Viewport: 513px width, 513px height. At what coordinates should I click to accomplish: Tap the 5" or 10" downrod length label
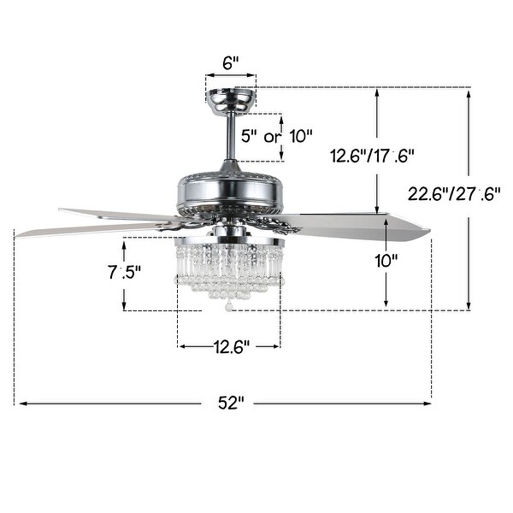point(277,136)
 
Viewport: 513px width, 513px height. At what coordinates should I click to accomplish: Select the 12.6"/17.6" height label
point(373,156)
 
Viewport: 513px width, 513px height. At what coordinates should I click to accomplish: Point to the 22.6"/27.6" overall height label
point(452,194)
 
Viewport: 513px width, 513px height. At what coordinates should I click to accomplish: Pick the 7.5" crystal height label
point(125,274)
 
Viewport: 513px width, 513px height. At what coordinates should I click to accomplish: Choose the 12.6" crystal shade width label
point(229,347)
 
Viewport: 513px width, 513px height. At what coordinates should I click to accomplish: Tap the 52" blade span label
point(230,402)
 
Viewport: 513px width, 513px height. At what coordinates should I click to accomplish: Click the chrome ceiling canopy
point(231,100)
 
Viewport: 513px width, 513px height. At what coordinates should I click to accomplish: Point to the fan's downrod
point(231,137)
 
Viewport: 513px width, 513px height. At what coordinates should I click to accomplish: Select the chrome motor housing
point(230,187)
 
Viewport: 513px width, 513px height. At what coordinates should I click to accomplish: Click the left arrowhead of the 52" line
point(19,402)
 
